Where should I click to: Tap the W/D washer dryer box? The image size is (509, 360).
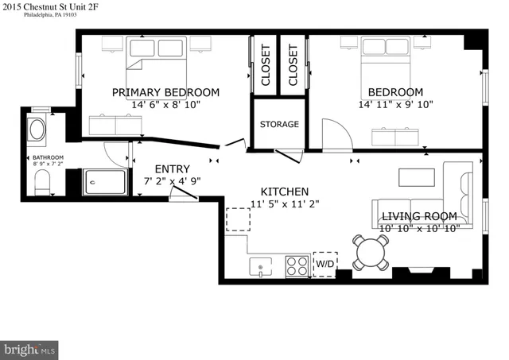324,264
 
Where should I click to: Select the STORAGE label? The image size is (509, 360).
279,125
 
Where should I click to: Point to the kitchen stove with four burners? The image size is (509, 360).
297,265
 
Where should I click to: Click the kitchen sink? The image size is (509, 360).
258,266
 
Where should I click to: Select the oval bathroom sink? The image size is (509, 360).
37,129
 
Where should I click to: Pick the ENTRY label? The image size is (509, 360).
172,168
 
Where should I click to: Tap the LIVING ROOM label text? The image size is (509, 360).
419,216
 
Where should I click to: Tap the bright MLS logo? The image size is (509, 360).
29,349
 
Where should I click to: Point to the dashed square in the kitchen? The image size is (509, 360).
237,219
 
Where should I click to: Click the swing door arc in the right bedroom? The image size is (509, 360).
336,134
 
